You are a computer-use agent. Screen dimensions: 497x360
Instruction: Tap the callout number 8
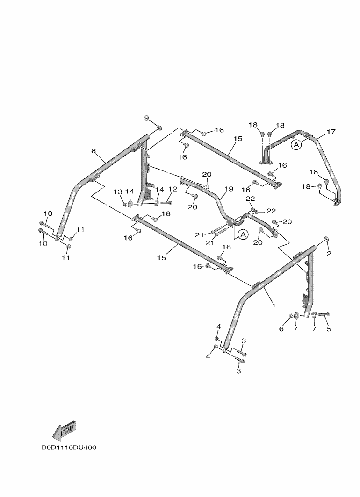94,151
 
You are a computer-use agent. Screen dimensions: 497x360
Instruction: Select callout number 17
331,132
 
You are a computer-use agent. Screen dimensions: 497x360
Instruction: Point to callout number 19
229,189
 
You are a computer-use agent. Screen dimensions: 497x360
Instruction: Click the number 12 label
173,189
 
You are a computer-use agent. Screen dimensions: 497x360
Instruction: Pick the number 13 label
118,192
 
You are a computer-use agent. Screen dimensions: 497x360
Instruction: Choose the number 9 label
146,118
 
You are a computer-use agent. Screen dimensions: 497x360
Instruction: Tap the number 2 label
329,254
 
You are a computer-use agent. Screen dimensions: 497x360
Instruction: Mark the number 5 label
329,329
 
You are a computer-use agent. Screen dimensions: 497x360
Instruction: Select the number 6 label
281,329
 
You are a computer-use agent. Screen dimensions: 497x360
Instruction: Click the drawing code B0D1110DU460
69,447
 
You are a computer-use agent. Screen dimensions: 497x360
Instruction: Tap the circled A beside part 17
296,145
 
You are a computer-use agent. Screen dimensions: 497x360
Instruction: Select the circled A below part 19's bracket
243,234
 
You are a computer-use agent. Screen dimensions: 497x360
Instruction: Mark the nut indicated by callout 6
291,316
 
